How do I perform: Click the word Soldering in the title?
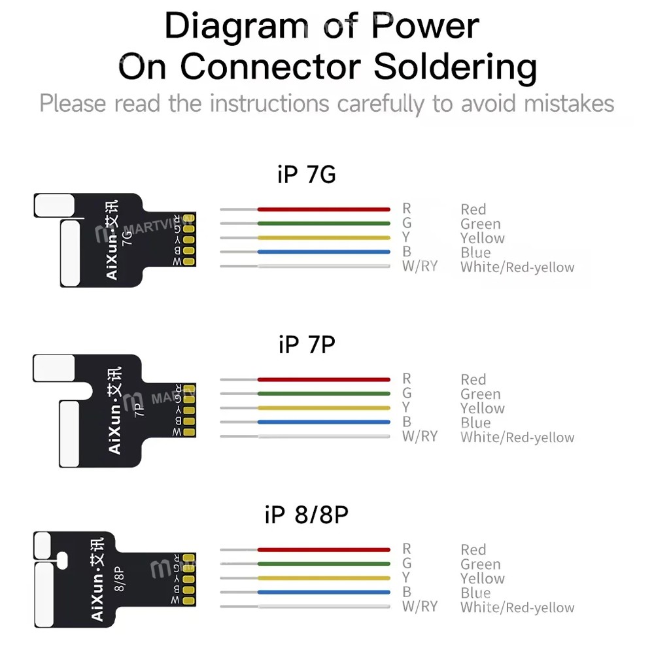[x=455, y=67]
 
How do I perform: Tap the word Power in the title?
[x=426, y=26]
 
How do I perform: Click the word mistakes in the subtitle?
[x=569, y=103]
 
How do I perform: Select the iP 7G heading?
[x=307, y=175]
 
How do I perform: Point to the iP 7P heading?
[x=307, y=345]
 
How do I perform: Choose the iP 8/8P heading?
[x=307, y=515]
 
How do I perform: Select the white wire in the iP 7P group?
[x=305, y=436]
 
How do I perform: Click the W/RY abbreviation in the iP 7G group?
[x=420, y=266]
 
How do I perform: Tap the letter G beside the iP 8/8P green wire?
[x=407, y=563]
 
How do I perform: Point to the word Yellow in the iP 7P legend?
[x=483, y=408]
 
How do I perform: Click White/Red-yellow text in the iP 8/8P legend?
[x=517, y=608]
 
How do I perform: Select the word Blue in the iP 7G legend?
[x=475, y=252]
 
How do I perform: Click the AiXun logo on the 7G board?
[x=112, y=240]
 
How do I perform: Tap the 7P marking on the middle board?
[x=139, y=410]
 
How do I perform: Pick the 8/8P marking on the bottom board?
[x=119, y=579]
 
